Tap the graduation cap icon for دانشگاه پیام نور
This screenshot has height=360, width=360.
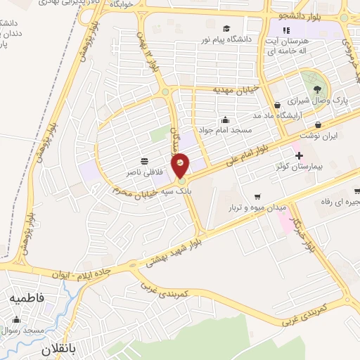pos(226,28)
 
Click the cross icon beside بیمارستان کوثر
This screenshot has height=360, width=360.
pos(298,155)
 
